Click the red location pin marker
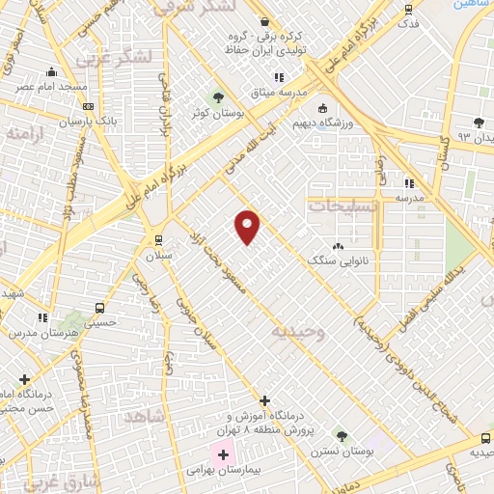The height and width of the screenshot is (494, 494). coord(248,226)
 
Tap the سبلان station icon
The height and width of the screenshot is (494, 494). coord(158,240)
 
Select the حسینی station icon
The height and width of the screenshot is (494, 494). coord(99,309)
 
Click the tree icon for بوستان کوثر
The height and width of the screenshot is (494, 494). coord(218,97)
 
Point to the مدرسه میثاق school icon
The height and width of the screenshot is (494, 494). coord(280,77)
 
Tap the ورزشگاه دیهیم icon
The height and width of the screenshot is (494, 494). coord(321,108)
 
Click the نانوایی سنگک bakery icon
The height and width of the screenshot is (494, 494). coord(337,247)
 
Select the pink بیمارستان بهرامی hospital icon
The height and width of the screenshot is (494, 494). coord(223,454)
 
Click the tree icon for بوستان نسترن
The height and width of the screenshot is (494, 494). coord(339,436)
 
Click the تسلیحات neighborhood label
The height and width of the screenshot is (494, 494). coord(340,206)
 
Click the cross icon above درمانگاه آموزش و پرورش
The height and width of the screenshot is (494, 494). coord(264,399)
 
